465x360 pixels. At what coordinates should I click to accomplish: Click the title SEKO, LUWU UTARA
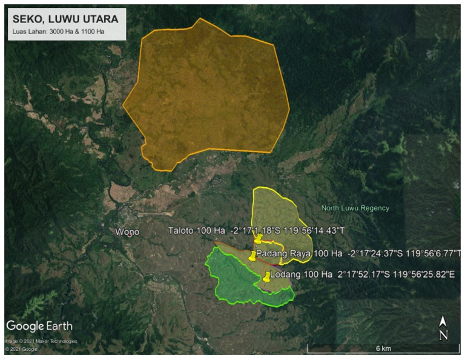click(65, 19)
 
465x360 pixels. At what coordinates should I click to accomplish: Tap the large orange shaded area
click(206, 97)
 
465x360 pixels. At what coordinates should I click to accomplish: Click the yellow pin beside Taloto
click(259, 239)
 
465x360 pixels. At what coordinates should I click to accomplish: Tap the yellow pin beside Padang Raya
click(252, 255)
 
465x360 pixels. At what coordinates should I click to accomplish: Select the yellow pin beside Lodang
click(267, 277)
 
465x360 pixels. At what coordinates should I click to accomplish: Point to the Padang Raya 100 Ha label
click(300, 253)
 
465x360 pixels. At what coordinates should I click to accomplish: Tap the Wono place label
click(127, 232)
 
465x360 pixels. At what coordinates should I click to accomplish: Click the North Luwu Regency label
click(355, 208)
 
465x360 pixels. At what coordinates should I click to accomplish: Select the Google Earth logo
click(39, 326)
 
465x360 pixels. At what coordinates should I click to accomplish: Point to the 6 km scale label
click(383, 348)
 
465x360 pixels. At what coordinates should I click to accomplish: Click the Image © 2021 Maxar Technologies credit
click(41, 341)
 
